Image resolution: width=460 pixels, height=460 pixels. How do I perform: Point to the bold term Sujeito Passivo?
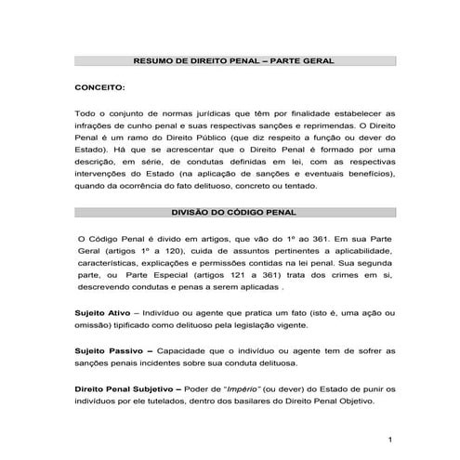click(108, 350)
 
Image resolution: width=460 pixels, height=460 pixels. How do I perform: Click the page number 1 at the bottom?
click(392, 439)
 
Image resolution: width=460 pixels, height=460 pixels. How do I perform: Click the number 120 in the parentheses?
click(161, 252)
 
